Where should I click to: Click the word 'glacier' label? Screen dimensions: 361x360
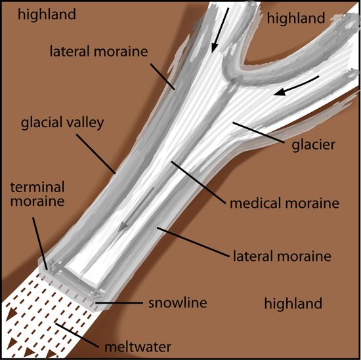tap(313, 145)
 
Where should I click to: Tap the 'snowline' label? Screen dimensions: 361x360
tap(177, 302)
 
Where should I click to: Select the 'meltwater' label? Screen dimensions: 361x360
tap(138, 347)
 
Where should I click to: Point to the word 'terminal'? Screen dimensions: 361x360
tap(37, 187)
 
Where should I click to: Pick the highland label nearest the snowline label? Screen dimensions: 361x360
tap(293, 303)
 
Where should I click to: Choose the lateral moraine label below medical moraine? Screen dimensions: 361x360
tap(282, 256)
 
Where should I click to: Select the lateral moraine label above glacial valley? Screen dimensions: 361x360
tap(98, 51)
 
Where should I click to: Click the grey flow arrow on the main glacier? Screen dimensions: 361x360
tap(137, 209)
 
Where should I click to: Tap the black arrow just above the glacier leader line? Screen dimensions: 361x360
tap(296, 85)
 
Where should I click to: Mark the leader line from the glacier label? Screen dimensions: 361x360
tap(259, 133)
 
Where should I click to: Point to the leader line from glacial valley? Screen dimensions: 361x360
tap(96, 153)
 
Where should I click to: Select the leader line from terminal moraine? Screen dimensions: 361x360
tap(40, 243)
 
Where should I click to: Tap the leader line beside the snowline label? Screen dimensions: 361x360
tap(119, 303)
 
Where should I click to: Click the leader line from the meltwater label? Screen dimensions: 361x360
tap(77, 335)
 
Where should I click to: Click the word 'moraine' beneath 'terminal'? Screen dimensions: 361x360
tap(37, 201)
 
